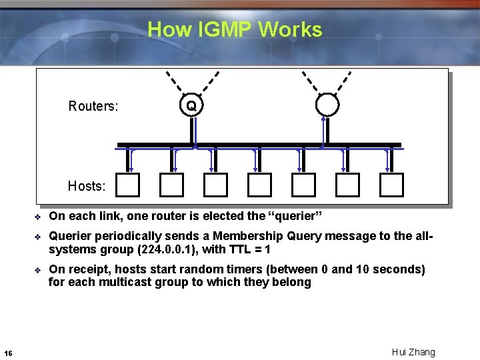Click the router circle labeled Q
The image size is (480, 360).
tap(191, 105)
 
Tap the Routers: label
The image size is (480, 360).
tap(93, 106)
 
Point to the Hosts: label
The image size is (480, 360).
tap(87, 186)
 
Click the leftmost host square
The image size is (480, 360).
tap(128, 185)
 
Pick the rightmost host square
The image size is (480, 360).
tap(391, 185)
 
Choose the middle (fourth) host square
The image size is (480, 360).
tap(260, 185)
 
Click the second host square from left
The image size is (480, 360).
tap(172, 185)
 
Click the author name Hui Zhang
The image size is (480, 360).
tap(413, 352)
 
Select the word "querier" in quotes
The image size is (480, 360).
tap(294, 216)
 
